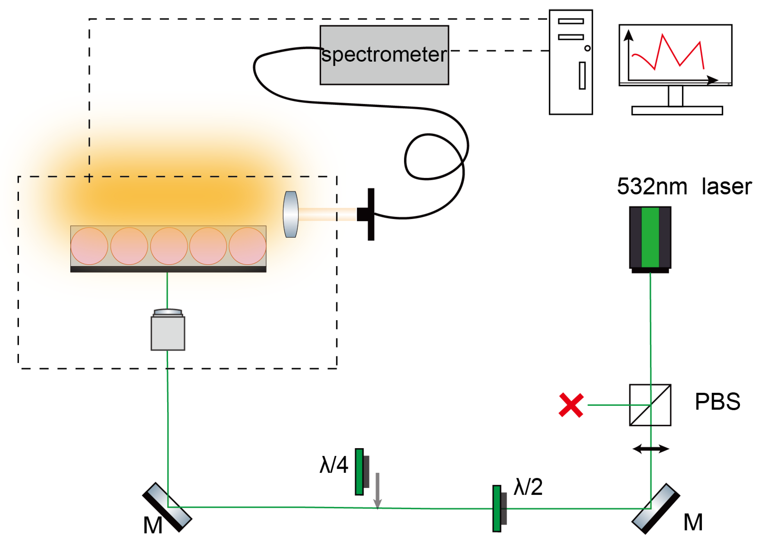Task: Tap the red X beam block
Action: coord(571,405)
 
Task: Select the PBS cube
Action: coord(650,405)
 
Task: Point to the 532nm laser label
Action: coord(684,186)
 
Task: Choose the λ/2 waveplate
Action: coord(497,508)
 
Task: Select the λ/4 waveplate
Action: coord(359,472)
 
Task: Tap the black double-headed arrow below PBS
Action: coord(650,449)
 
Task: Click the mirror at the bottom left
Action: coord(167,507)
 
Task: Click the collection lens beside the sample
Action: coord(290,215)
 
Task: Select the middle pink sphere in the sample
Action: coord(169,246)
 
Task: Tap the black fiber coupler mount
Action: coord(370,215)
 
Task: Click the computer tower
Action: coord(571,62)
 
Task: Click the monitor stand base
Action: coord(677,110)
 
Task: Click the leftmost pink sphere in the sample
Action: coord(89,246)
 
